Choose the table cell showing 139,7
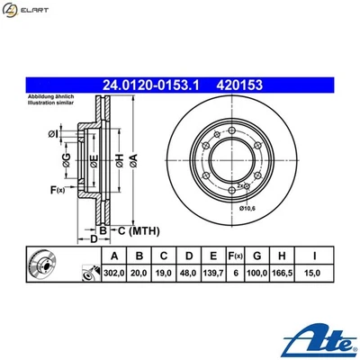click(211, 271)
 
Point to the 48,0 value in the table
click(188, 271)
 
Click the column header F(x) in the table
click(235, 255)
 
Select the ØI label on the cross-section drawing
click(54, 136)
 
